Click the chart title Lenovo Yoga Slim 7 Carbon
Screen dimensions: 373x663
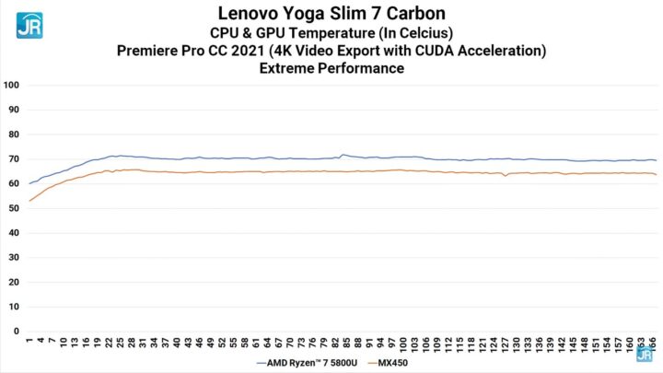(331, 13)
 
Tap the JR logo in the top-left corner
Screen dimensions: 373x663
(29, 24)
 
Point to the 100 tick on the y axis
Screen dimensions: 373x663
(12, 85)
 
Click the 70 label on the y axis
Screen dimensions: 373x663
(12, 158)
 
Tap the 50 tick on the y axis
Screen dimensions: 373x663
(12, 208)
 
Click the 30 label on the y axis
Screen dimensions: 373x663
(12, 257)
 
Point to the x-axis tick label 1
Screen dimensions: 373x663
(29, 340)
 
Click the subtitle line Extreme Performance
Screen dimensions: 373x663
(331, 68)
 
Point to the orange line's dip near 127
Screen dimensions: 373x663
(504, 176)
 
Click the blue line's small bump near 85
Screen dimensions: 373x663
(343, 155)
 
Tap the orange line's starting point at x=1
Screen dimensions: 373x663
(29, 201)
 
